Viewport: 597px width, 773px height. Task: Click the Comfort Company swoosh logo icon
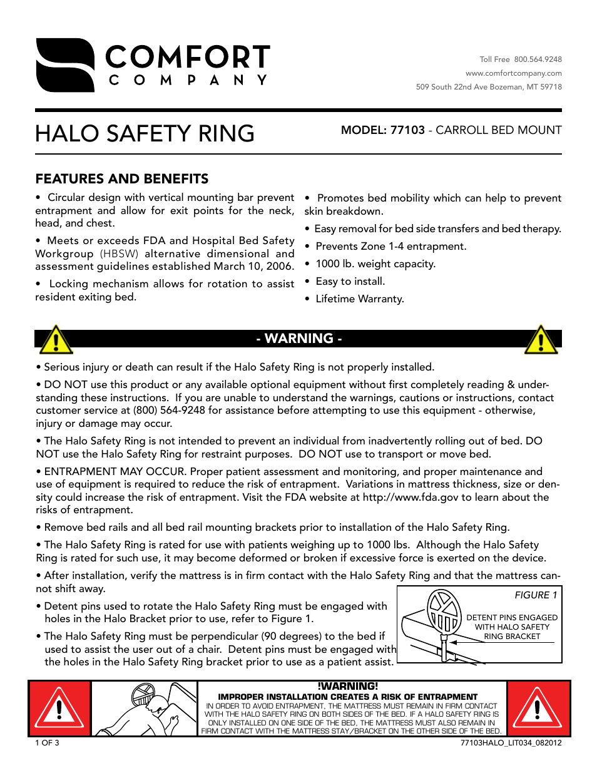pos(65,65)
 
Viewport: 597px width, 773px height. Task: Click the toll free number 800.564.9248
pos(538,59)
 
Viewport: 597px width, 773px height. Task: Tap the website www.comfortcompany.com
pos(513,73)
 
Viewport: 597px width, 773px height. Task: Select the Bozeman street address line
pos(489,87)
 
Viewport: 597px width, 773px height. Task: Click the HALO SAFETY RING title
pos(145,134)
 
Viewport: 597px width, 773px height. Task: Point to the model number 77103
pos(407,130)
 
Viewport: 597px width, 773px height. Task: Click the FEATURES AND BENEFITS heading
pos(122,179)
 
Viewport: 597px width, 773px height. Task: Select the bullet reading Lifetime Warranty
pos(359,299)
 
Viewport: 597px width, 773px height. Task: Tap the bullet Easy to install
pos(350,282)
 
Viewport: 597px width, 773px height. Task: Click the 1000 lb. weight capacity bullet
pos(375,264)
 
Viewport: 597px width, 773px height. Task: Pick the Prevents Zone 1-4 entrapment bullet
pos(390,247)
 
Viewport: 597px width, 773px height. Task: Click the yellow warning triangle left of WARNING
pos(56,340)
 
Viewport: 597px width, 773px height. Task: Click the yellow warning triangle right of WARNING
pos(541,340)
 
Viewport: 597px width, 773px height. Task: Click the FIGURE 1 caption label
pos(536,595)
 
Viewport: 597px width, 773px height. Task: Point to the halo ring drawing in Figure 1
pos(444,610)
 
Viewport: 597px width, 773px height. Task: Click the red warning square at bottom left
pos(59,709)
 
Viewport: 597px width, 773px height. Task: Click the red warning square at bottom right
pos(538,709)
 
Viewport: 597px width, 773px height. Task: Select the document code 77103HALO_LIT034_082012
pos(511,743)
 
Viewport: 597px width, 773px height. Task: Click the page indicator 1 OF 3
pos(47,743)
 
